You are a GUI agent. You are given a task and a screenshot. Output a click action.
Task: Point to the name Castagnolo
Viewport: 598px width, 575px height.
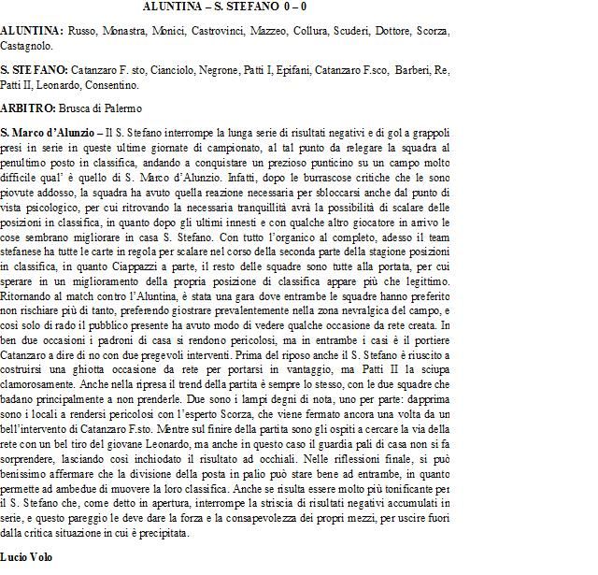coord(26,44)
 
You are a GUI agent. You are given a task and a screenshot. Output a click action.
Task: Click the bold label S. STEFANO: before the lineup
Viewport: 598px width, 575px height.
coord(31,70)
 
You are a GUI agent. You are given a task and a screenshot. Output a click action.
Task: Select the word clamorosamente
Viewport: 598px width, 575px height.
coord(39,383)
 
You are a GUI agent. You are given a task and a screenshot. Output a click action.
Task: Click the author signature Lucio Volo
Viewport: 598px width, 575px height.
coord(24,556)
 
